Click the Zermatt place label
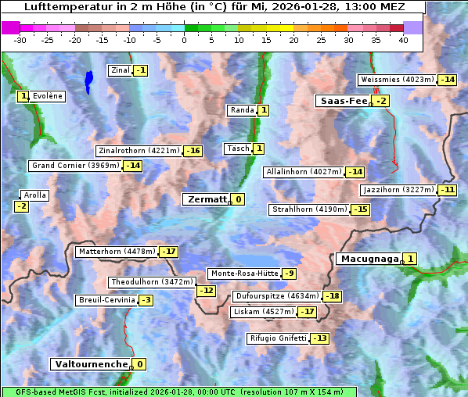tap(206, 199)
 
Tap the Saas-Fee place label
tap(343, 101)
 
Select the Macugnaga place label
tap(368, 259)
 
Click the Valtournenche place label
tap(90, 364)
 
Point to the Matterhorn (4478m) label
tap(116, 252)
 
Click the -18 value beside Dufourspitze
tap(333, 296)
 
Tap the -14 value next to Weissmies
tap(447, 80)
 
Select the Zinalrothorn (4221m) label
tap(139, 151)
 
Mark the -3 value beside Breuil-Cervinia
tap(146, 300)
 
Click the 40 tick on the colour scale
tap(403, 40)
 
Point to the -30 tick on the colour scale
tap(20, 40)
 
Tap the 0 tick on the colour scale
tap(185, 40)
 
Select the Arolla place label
tap(34, 195)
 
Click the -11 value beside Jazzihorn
tap(447, 190)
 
